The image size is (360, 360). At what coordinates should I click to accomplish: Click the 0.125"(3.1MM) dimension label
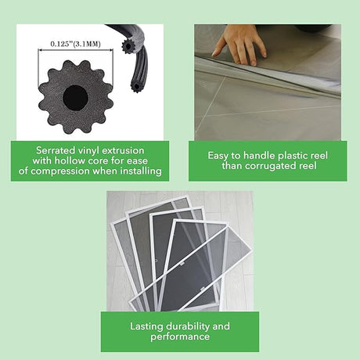click(75, 44)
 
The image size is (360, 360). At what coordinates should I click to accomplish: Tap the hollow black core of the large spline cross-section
click(75, 98)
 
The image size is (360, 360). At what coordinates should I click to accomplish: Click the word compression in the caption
click(60, 171)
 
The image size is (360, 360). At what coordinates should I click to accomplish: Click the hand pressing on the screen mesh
click(239, 44)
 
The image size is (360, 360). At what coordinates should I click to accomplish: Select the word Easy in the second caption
click(218, 156)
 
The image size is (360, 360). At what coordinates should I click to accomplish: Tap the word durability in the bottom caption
click(188, 326)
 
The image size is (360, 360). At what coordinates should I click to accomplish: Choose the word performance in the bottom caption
click(180, 337)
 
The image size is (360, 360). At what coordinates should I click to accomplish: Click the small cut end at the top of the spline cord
click(128, 46)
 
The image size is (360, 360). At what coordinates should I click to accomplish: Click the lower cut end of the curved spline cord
click(135, 85)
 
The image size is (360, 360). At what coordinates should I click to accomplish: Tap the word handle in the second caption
click(259, 156)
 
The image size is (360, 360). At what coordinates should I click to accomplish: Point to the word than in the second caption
click(232, 166)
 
